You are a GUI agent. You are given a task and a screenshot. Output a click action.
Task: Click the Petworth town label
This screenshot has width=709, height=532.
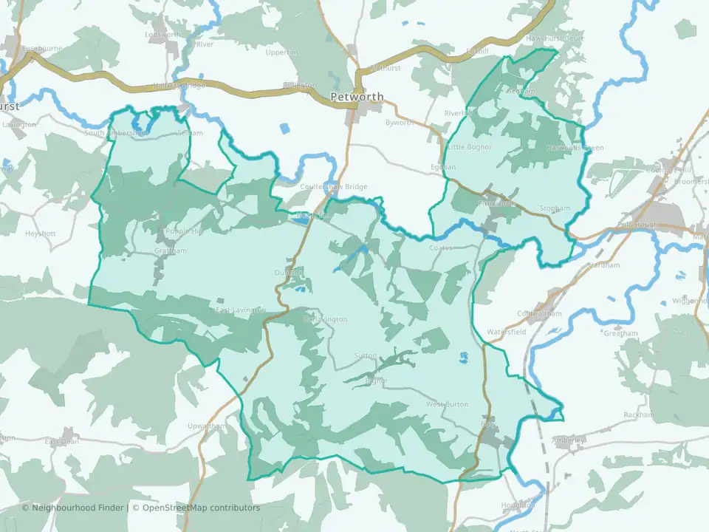pos(357,97)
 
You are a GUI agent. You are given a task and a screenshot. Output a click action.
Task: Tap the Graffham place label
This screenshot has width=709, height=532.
pos(170,250)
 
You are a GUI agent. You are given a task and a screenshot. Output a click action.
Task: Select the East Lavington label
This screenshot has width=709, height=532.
pos(240,310)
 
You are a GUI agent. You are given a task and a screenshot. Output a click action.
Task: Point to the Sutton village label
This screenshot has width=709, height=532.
pos(365,355)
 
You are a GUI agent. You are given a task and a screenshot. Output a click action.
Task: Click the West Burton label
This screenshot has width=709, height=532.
pos(447,404)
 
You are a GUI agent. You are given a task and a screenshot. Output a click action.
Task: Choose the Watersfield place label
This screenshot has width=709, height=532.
pos(506,333)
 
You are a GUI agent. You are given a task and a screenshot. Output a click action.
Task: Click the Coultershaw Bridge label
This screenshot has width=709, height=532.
pos(333,187)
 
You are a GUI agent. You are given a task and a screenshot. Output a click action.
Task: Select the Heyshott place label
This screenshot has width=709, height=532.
pos(41,233)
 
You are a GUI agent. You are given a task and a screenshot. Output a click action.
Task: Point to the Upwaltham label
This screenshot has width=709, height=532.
pos(207,427)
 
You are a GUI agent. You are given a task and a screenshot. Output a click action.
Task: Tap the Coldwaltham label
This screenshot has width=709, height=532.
pos(539,313)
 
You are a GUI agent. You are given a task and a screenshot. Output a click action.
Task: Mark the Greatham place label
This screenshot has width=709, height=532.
pos(620,333)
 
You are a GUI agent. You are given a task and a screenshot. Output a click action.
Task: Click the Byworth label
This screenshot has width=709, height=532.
pos(400,123)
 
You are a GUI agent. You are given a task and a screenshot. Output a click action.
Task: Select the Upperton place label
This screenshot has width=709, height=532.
pos(281,52)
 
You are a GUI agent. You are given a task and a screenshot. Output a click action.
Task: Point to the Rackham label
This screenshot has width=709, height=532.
pos(638,415)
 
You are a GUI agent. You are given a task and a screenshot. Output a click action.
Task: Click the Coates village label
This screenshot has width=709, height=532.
pos(441,248)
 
